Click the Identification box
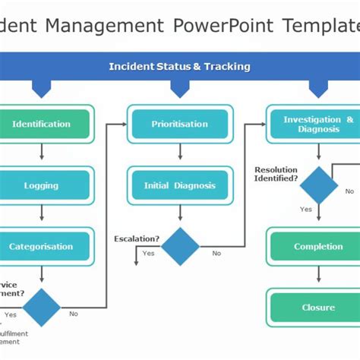click(42, 124)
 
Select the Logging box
click(42, 185)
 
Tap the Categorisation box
click(42, 247)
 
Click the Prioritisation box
click(180, 124)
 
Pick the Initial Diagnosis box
click(180, 185)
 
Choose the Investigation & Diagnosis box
click(318, 124)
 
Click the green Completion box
click(318, 247)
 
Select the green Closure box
click(318, 308)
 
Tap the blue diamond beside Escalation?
click(180, 247)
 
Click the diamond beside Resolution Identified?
click(319, 185)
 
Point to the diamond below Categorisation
click(42, 308)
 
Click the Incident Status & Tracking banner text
click(179, 67)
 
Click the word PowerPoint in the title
click(223, 25)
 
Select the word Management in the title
click(104, 25)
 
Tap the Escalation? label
click(137, 238)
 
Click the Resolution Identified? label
click(276, 174)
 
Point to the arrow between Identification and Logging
click(42, 153)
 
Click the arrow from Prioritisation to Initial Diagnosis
click(180, 153)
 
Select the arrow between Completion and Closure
click(318, 277)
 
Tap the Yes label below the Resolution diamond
click(305, 209)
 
